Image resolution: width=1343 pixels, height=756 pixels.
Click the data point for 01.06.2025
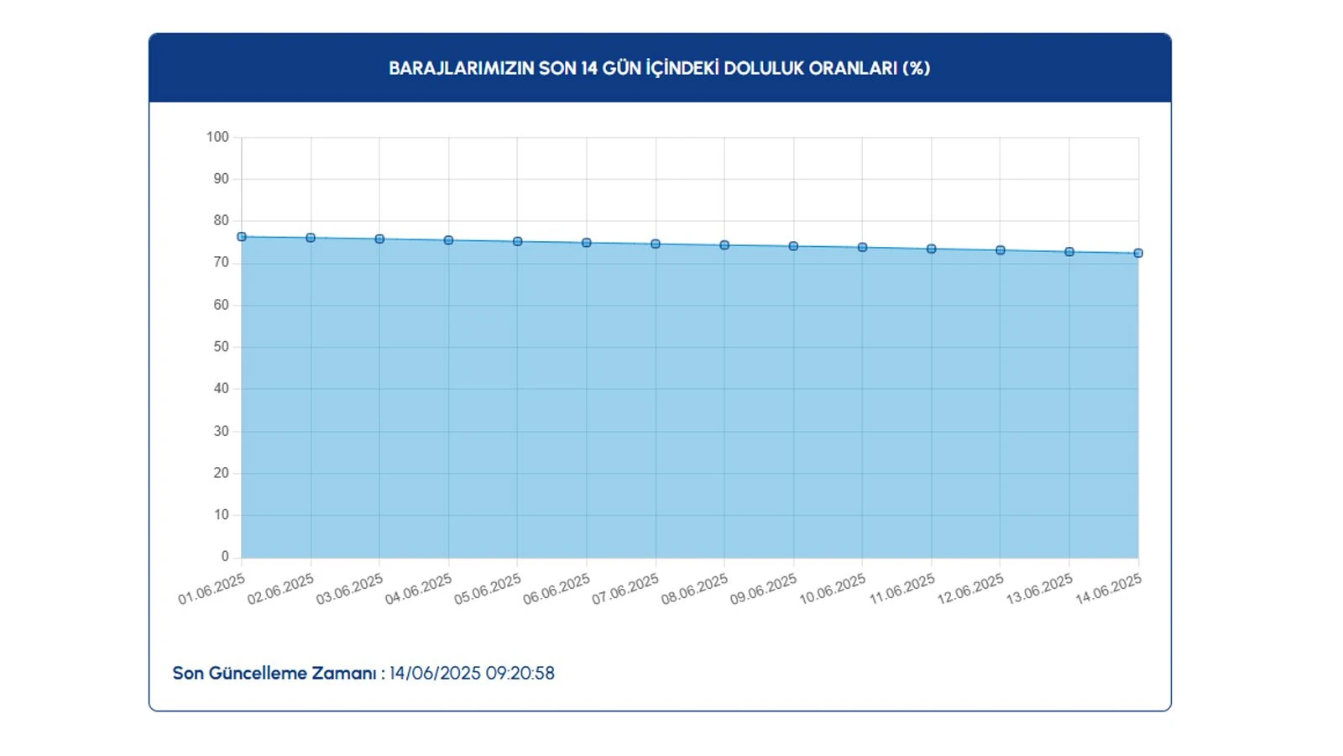pyautogui.click(x=242, y=237)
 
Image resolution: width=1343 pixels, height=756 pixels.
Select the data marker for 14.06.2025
pyautogui.click(x=1138, y=253)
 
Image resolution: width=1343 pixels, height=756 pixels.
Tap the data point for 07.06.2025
pyautogui.click(x=656, y=244)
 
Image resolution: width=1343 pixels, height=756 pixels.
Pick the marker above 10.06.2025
pyautogui.click(x=862, y=248)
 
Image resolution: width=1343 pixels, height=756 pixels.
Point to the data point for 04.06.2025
pyautogui.click(x=448, y=240)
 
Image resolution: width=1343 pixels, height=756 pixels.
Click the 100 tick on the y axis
pyautogui.click(x=217, y=137)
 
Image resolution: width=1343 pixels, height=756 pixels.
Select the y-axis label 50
pyautogui.click(x=221, y=347)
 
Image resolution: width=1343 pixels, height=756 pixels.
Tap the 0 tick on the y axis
pyautogui.click(x=225, y=556)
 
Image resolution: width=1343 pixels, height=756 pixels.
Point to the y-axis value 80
pyautogui.click(x=221, y=221)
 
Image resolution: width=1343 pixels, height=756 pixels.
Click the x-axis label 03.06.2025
pyautogui.click(x=349, y=589)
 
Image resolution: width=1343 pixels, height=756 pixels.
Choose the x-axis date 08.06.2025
pyautogui.click(x=694, y=589)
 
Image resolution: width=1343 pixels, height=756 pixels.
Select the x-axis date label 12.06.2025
pyautogui.click(x=970, y=589)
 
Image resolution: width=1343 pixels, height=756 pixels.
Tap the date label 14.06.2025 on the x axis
pyautogui.click(x=1108, y=589)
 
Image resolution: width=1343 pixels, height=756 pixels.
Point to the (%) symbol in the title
pyautogui.click(x=916, y=68)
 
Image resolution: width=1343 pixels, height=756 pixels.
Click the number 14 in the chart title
pyautogui.click(x=589, y=68)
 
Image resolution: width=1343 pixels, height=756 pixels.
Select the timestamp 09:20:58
pyautogui.click(x=520, y=673)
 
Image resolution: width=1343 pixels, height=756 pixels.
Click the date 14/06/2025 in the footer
pyautogui.click(x=435, y=673)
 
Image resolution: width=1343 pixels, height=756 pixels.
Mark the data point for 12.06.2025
pyautogui.click(x=1001, y=250)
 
